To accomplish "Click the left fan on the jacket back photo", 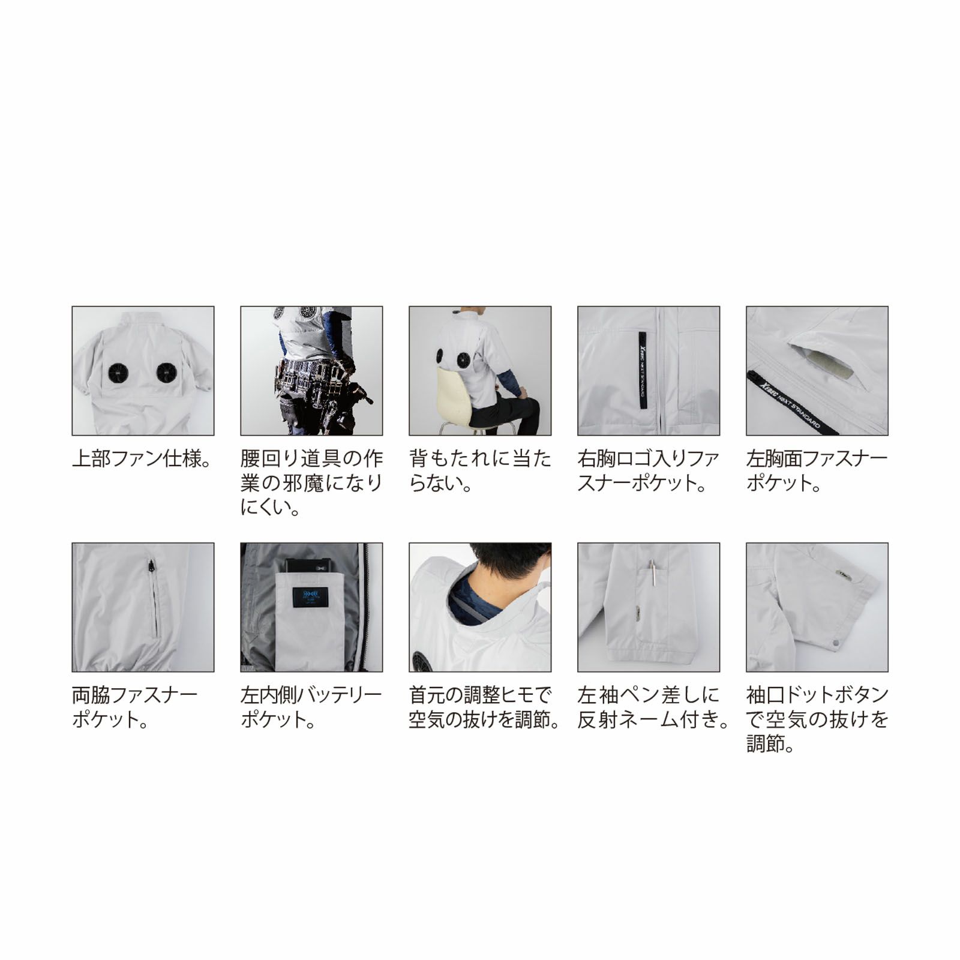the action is point(118,373).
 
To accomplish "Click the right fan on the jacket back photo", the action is point(167,373).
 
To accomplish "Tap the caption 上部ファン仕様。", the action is point(142,459).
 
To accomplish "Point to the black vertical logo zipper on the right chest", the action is point(643,371).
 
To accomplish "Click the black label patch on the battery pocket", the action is point(310,597).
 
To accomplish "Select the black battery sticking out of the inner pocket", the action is point(310,565).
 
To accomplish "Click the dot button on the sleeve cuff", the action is point(836,644).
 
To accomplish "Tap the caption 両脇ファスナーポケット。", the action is point(135,707).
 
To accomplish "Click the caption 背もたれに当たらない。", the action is point(480,471).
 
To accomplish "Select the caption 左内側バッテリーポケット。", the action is point(311,707).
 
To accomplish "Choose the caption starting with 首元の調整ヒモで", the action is point(484,707).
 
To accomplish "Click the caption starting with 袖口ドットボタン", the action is point(817,719).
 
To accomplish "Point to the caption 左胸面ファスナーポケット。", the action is point(817,471).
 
